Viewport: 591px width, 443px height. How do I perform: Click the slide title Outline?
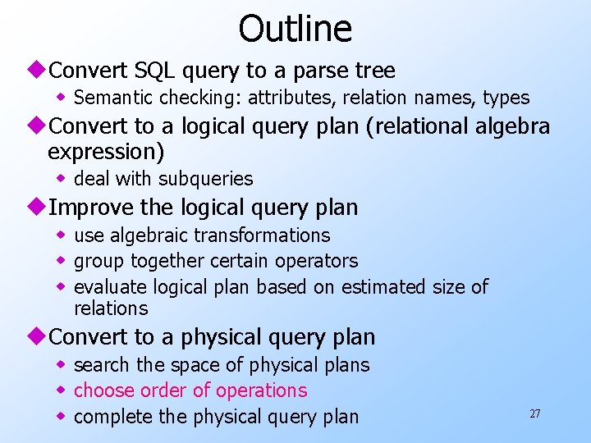click(x=295, y=29)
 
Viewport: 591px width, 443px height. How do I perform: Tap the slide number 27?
click(x=534, y=413)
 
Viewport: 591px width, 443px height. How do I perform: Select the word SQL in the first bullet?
click(x=155, y=71)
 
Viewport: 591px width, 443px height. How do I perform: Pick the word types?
click(x=506, y=98)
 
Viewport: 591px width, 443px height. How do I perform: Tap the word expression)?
click(x=106, y=152)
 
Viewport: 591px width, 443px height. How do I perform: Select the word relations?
click(x=111, y=308)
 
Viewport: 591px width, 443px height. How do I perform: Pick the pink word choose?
click(x=102, y=390)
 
